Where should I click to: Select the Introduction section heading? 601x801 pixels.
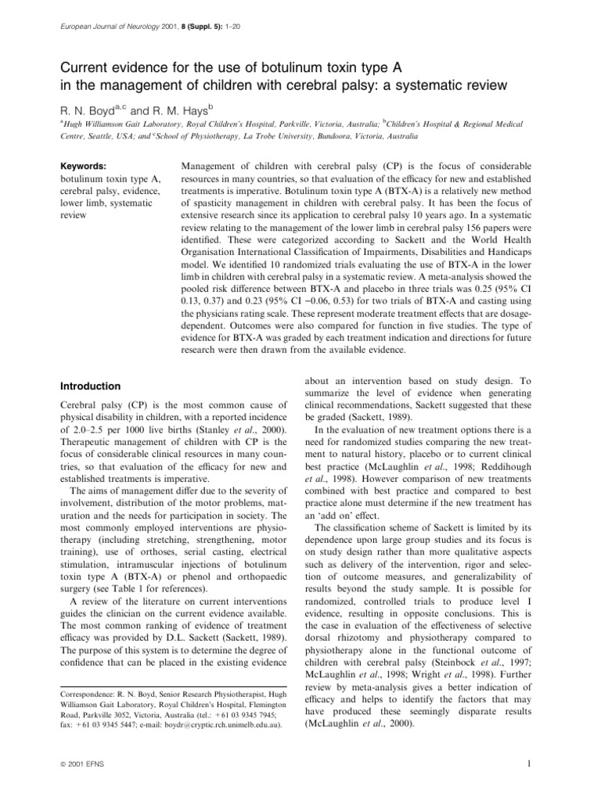(92, 386)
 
